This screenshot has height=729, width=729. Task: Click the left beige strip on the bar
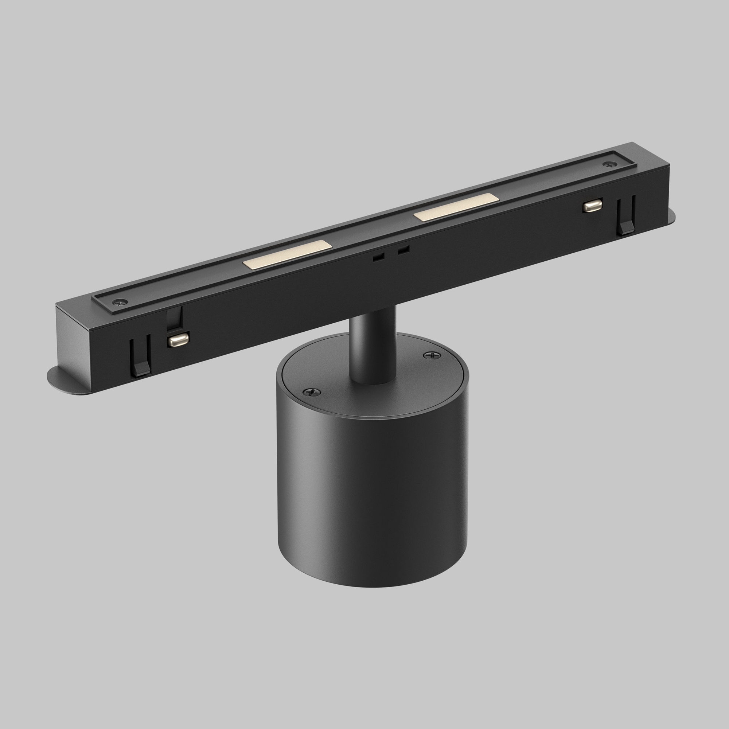pyautogui.click(x=287, y=254)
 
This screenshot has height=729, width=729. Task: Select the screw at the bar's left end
pyautogui.click(x=120, y=301)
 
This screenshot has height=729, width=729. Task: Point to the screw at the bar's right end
pyautogui.click(x=608, y=164)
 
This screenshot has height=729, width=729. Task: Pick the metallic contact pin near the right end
pyautogui.click(x=592, y=206)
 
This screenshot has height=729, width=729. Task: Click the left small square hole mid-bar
pyautogui.click(x=378, y=257)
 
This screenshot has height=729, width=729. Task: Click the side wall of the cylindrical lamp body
pyautogui.click(x=372, y=498)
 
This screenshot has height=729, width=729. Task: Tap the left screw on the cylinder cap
pyautogui.click(x=312, y=393)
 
